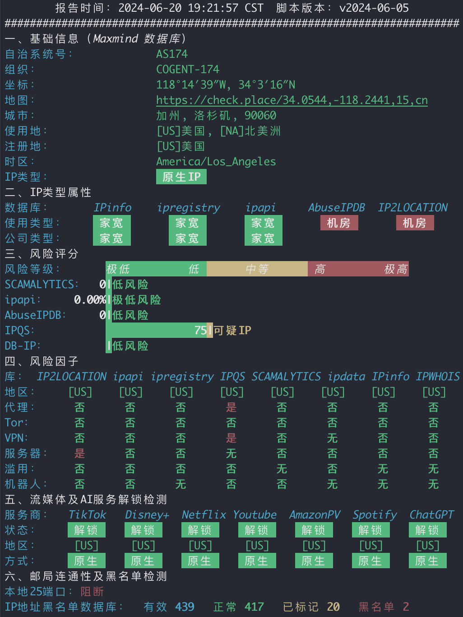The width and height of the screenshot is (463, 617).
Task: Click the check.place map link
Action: pos(292,100)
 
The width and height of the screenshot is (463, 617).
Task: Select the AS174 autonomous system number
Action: pos(172,54)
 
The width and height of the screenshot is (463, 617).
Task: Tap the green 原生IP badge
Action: pos(181,177)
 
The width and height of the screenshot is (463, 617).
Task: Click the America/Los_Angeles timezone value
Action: pos(216,162)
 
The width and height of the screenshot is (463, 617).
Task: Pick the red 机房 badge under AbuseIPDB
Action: pos(339,223)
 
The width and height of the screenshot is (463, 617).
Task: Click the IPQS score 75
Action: pos(200,330)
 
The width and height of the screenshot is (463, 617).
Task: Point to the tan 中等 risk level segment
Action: pos(257,269)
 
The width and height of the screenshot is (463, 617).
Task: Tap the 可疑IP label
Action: pos(232,330)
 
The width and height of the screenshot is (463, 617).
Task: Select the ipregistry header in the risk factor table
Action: pos(182,377)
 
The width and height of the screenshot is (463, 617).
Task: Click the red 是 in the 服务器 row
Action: pos(79,453)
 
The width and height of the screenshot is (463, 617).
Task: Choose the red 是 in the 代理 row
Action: pos(231,407)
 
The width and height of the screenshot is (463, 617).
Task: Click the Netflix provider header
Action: pos(204,514)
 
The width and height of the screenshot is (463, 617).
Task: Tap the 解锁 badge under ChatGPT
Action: pos(428,530)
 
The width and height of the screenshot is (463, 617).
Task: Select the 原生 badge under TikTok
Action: pos(87,561)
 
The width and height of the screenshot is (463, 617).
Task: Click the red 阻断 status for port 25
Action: pos(92,591)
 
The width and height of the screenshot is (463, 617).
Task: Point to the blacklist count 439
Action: pos(185,607)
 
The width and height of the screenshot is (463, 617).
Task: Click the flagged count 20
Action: pos(333,607)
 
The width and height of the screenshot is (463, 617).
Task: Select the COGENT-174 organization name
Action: pos(188,70)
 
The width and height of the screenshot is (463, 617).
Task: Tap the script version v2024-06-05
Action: pos(374,8)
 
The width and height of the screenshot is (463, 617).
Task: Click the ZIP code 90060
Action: pos(260,116)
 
